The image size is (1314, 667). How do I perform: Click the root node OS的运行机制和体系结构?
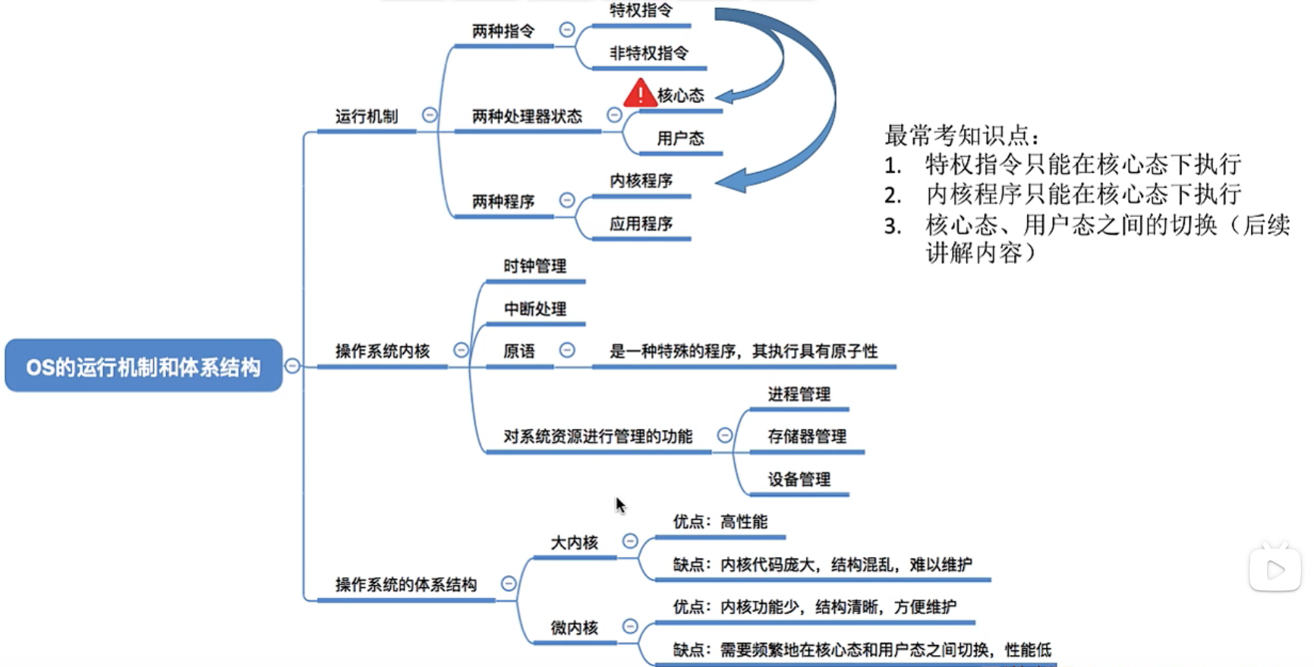[143, 367]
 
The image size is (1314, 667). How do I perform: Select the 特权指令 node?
[641, 11]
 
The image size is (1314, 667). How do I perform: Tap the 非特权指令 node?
[649, 53]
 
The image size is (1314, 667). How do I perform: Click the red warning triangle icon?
[640, 93]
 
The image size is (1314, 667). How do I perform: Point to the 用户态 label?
[680, 138]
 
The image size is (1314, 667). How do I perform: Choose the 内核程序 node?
[641, 181]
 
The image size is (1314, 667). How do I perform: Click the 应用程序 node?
[641, 224]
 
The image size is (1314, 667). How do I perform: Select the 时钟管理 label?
[534, 266]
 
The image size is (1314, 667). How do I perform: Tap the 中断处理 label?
[534, 309]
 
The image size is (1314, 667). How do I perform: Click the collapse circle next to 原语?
[567, 350]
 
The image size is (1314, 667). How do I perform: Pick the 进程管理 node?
[799, 394]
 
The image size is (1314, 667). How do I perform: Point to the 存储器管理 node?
[806, 436]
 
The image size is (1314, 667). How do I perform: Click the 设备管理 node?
[799, 479]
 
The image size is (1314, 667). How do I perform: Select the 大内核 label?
[574, 543]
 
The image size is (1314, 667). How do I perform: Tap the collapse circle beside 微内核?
[630, 626]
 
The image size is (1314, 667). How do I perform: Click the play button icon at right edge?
[1275, 569]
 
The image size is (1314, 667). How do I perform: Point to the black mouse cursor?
[620, 505]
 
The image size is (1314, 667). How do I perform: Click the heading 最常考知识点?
[961, 135]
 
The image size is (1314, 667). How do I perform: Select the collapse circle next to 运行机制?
[430, 115]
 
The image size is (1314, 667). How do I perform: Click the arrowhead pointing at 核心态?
[725, 96]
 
